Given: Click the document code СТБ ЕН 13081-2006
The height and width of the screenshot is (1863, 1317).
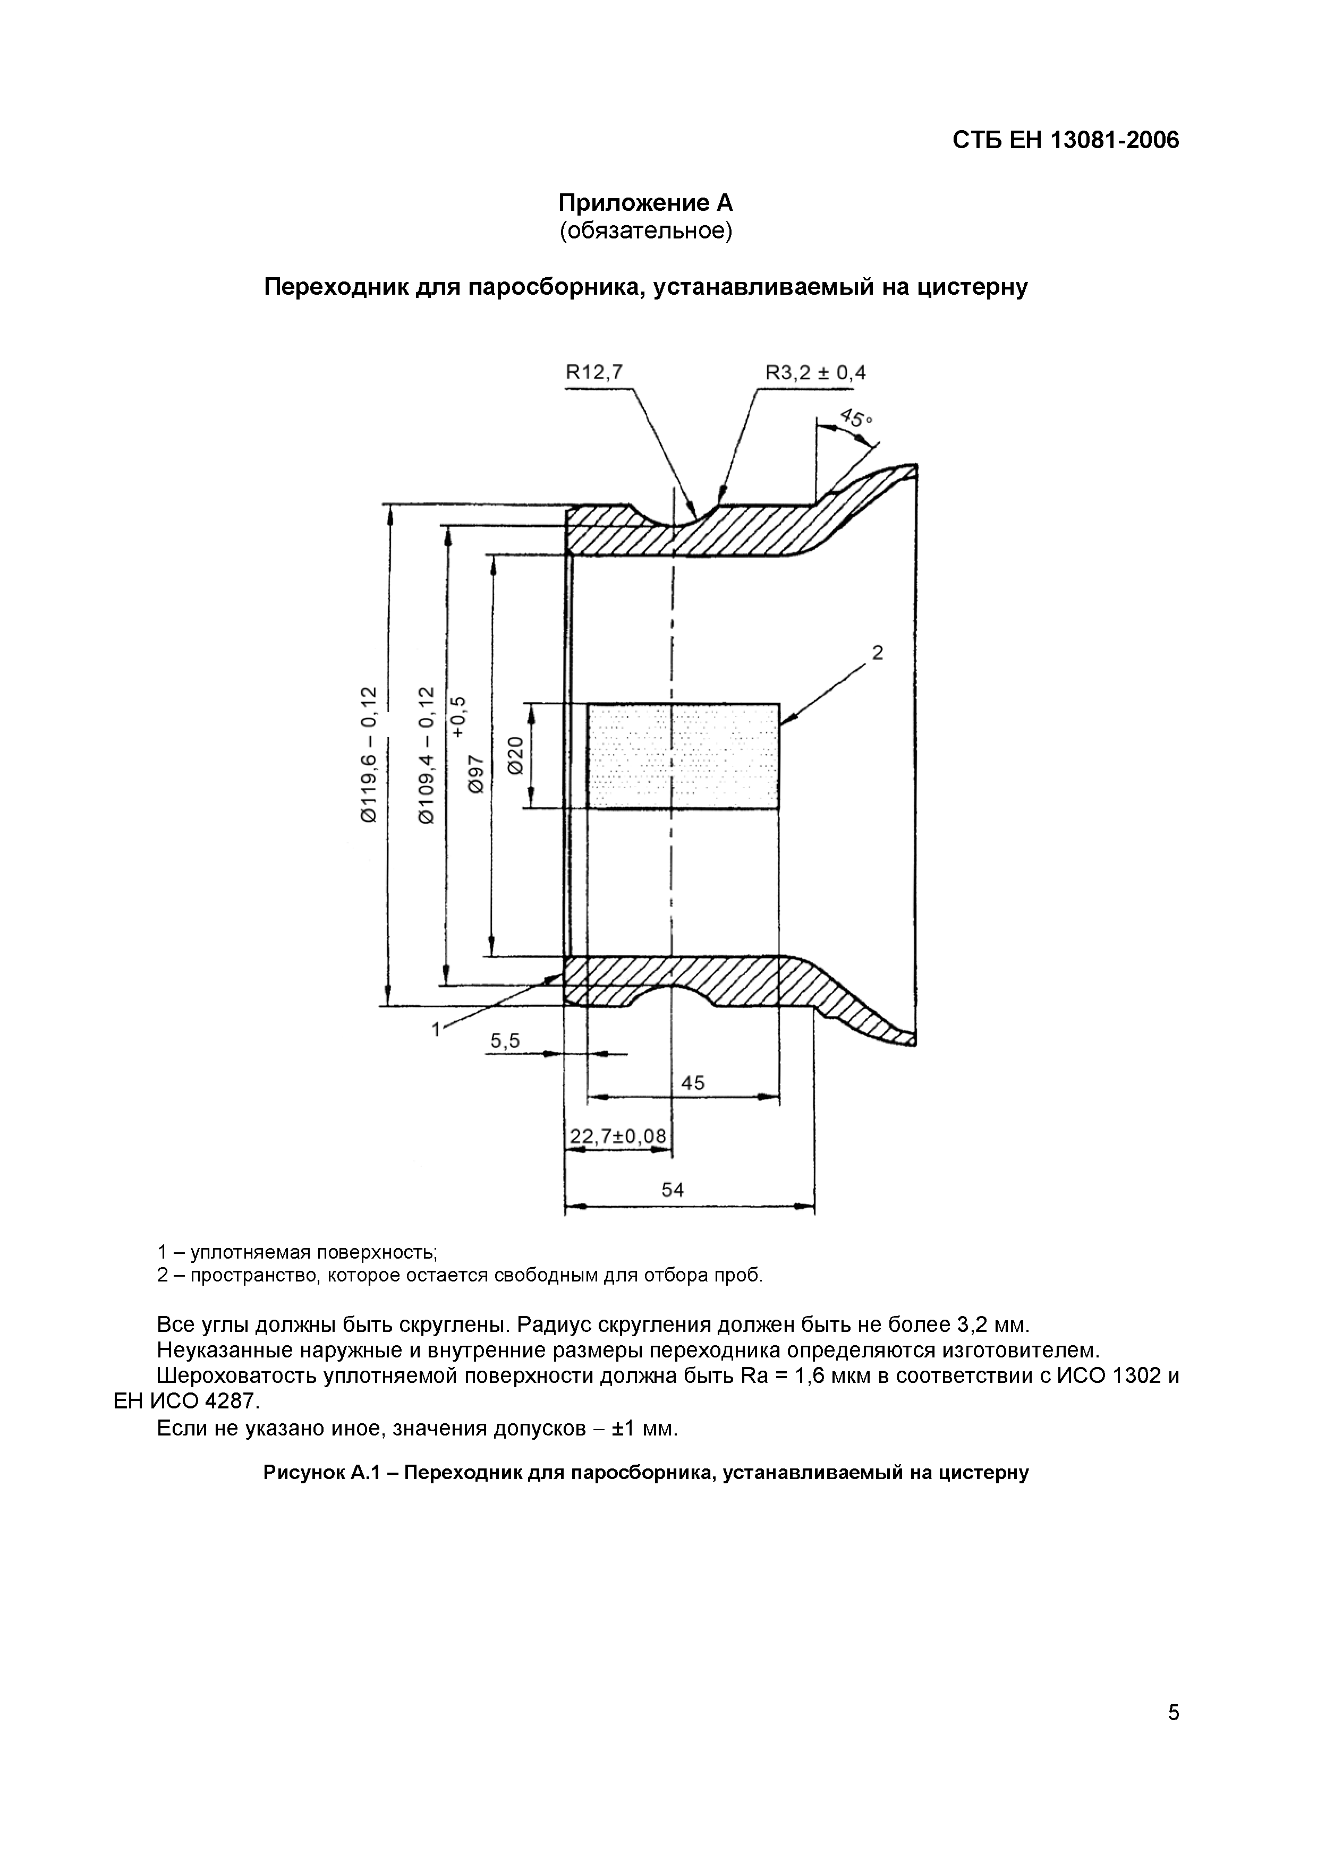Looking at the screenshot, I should pyautogui.click(x=1065, y=140).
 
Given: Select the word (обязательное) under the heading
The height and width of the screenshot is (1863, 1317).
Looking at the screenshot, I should pyautogui.click(x=645, y=231).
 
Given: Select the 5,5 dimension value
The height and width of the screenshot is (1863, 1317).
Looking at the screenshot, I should pyautogui.click(x=505, y=1041).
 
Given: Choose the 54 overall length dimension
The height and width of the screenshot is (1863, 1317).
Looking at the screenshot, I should pyautogui.click(x=673, y=1190).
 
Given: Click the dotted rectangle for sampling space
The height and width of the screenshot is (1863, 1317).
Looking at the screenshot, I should pyautogui.click(x=683, y=755).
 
